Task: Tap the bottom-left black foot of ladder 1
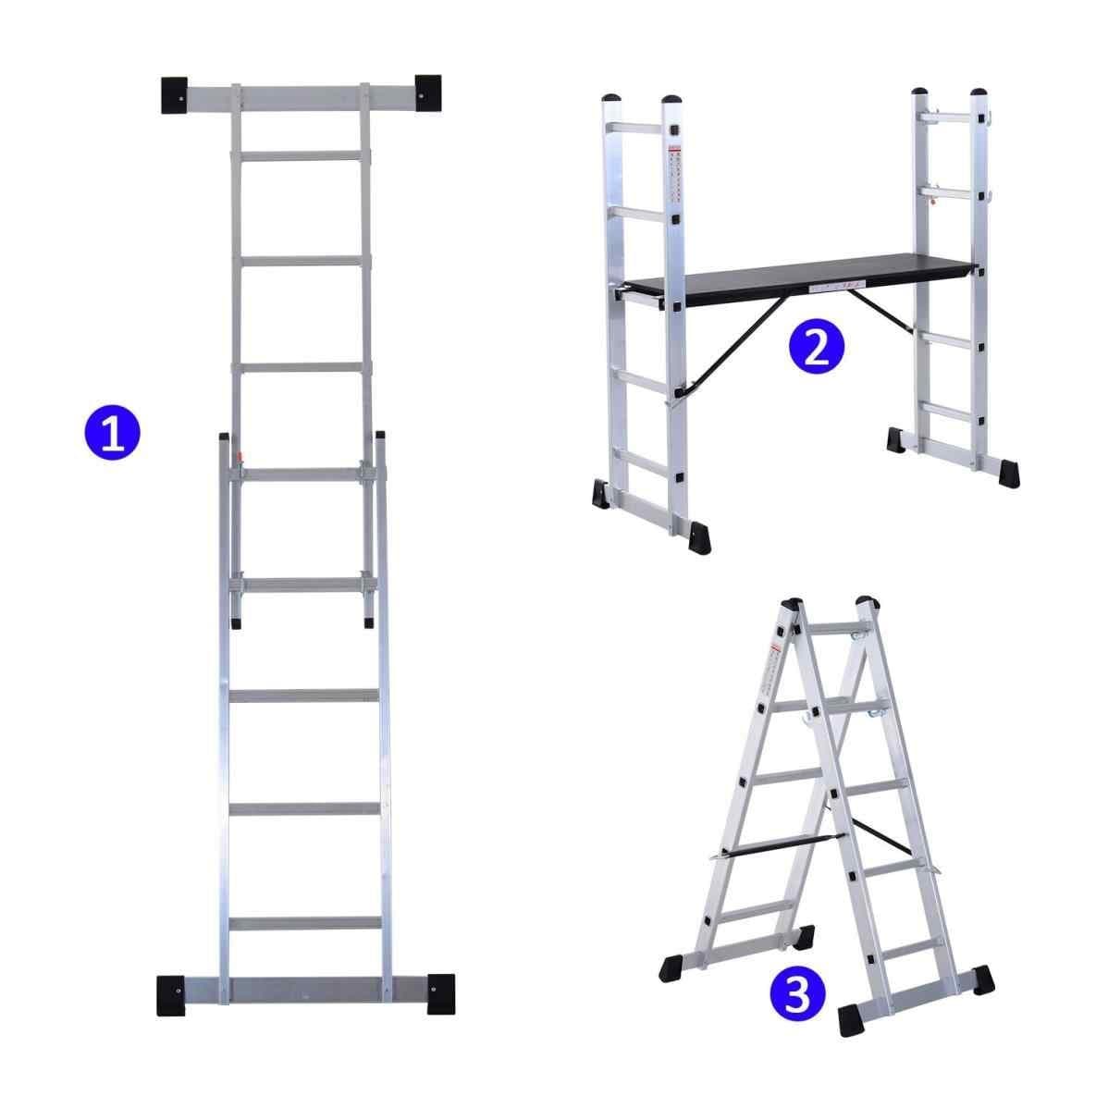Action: [x=172, y=992]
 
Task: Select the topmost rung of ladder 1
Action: [x=302, y=155]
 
